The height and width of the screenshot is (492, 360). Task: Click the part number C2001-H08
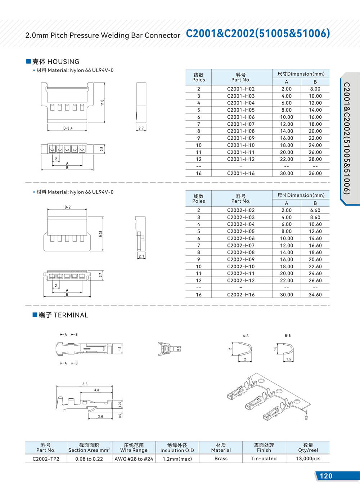[x=240, y=131]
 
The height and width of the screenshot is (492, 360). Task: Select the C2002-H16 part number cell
[x=240, y=295]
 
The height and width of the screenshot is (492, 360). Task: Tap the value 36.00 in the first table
[x=315, y=173]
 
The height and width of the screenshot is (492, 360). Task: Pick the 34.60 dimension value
[x=315, y=295]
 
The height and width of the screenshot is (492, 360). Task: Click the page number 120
[x=326, y=476]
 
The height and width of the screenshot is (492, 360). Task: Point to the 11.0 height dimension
[x=102, y=103]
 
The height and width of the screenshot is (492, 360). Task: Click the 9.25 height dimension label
[x=101, y=234]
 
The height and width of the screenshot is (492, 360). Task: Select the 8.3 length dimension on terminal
[x=85, y=384]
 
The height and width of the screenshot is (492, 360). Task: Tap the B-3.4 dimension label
[x=68, y=128]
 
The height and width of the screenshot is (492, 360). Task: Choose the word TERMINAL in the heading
[x=71, y=315]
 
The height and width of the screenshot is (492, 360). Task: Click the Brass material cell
[x=221, y=459]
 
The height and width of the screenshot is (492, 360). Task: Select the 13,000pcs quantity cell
[x=308, y=459]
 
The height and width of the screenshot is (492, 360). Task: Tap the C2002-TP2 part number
[x=46, y=459]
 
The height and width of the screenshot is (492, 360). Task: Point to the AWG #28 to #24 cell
[x=134, y=459]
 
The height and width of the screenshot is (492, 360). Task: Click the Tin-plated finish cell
[x=264, y=459]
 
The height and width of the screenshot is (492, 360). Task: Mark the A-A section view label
[x=246, y=336]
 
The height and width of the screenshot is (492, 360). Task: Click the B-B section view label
[x=288, y=336]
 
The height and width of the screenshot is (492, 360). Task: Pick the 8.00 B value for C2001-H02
[x=315, y=89]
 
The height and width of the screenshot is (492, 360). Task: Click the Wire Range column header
[x=134, y=450]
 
